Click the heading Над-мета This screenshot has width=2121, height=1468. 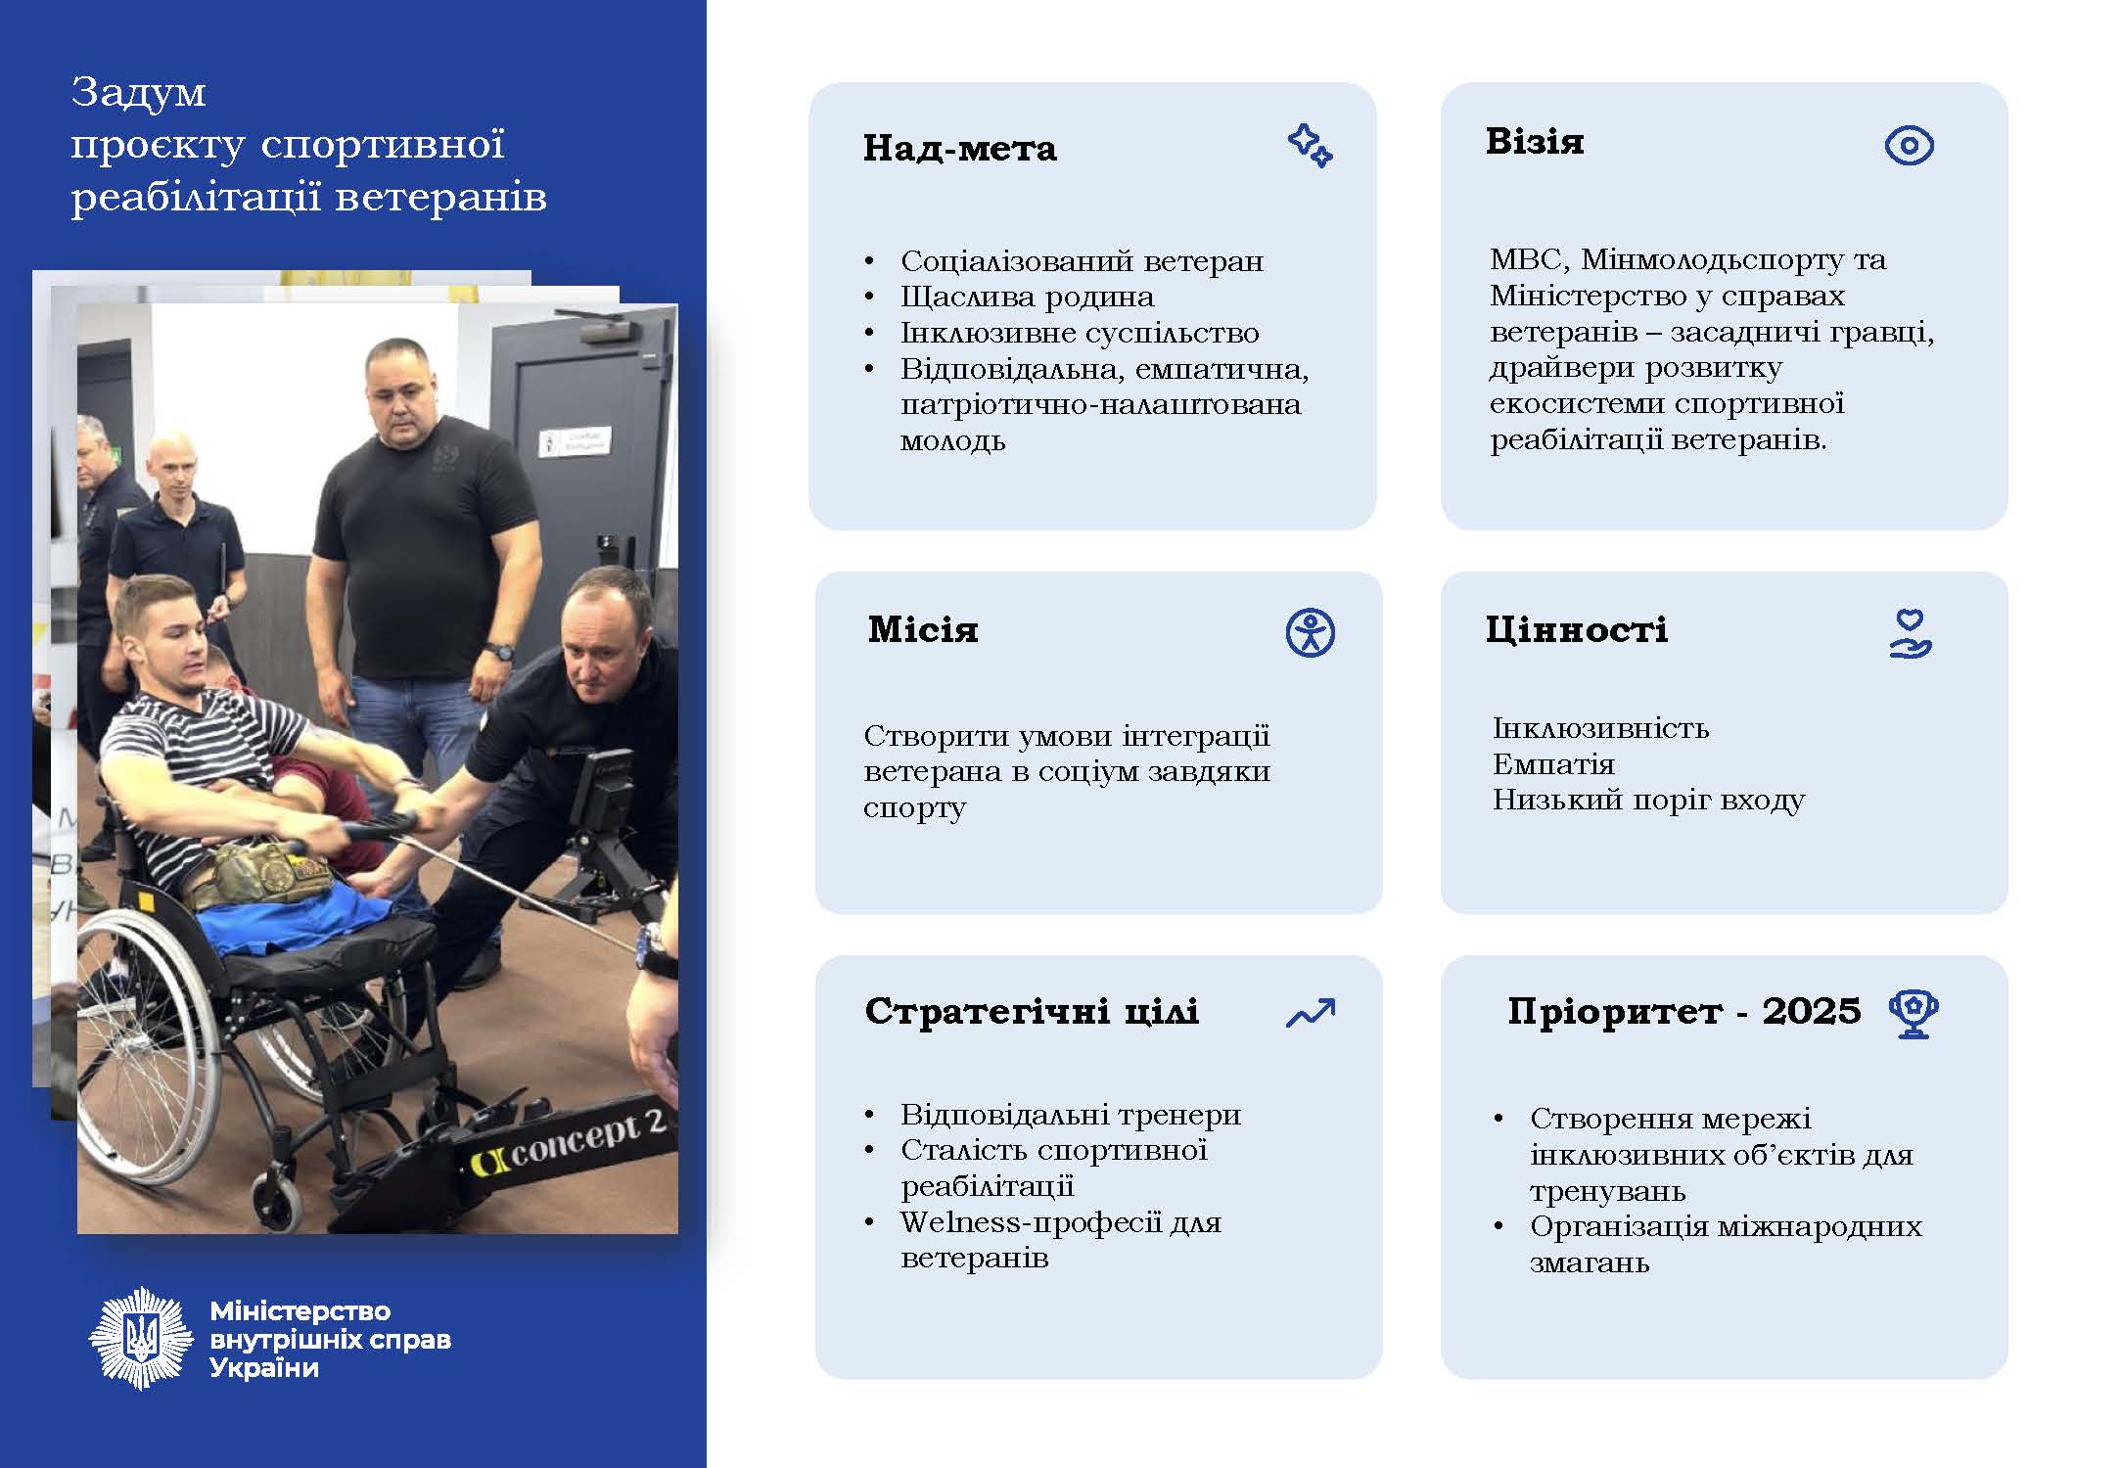point(959,149)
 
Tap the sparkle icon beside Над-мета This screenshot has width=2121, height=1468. point(1310,146)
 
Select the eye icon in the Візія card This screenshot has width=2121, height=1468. point(1909,146)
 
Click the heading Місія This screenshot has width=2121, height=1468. point(922,629)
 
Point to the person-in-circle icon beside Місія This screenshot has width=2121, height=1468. point(1310,632)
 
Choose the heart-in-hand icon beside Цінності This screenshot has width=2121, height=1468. point(1909,633)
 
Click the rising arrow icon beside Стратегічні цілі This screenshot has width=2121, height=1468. point(1310,1013)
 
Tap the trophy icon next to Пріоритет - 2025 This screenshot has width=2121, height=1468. point(1914,1014)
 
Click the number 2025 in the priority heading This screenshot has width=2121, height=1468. point(1811,1011)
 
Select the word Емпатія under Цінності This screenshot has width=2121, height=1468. point(1553,764)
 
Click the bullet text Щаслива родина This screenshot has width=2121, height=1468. point(1027,297)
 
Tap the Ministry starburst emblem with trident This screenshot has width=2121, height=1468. point(141,1338)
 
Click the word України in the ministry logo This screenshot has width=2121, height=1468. point(264,1367)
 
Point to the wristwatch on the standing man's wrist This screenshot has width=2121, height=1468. point(500,650)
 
